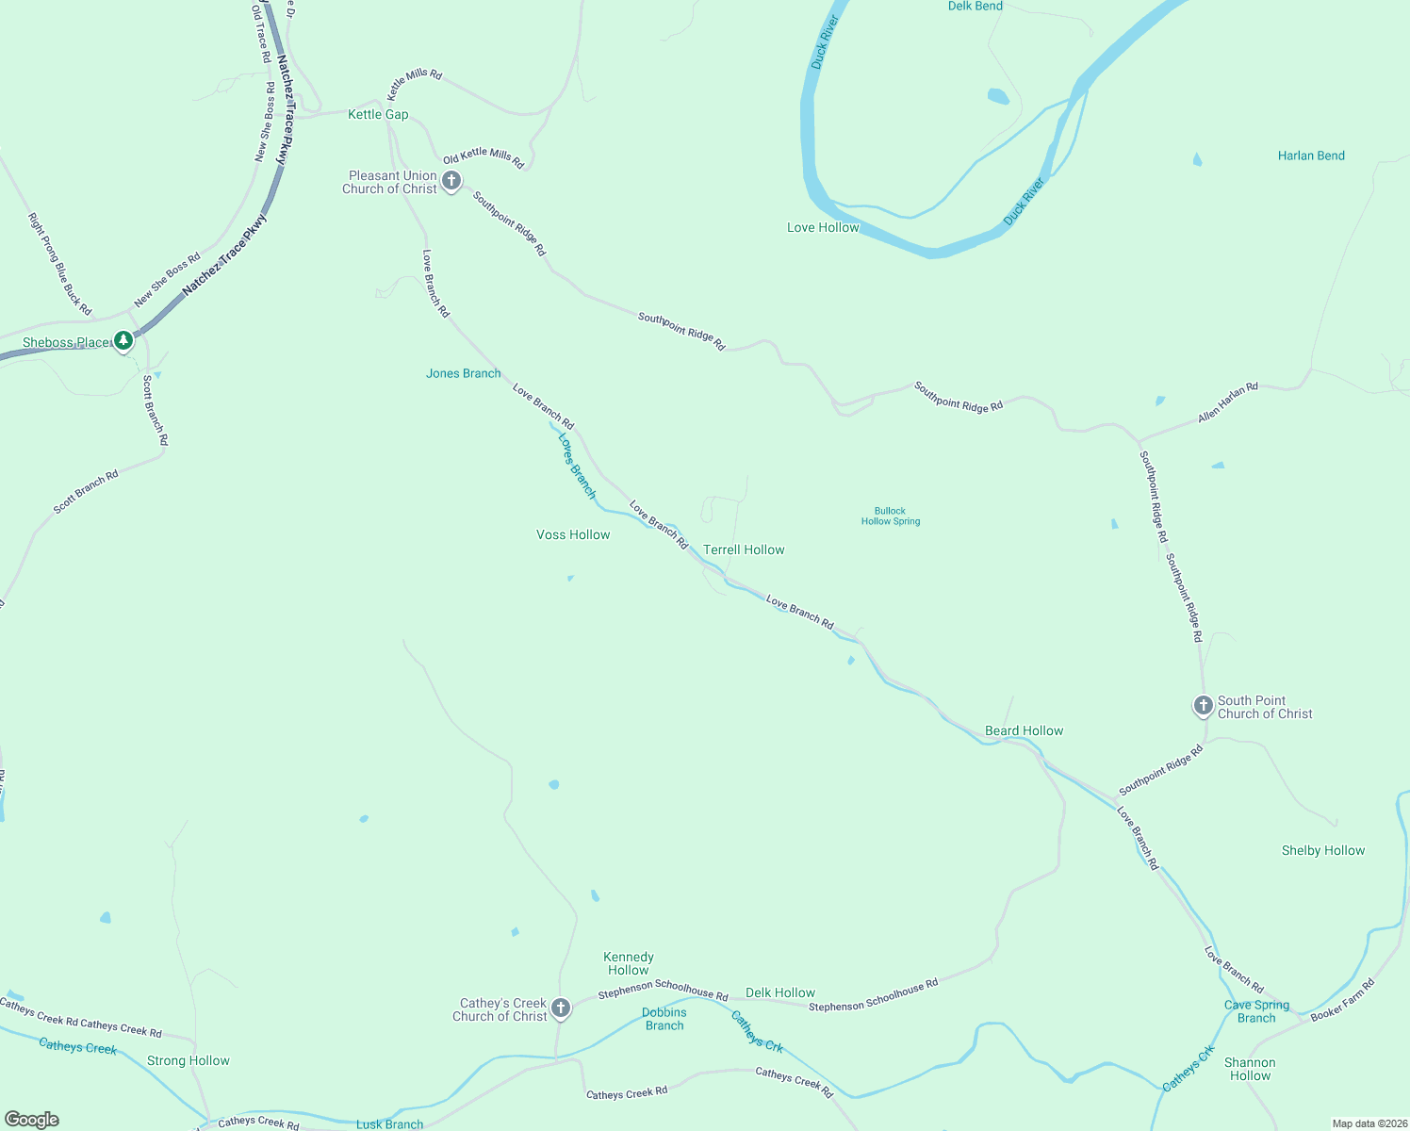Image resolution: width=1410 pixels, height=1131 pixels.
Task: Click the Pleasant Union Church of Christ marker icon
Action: coord(451,181)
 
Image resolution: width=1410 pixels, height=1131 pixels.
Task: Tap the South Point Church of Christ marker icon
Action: coord(1203,705)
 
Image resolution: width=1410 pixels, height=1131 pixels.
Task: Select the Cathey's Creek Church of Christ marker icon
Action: coord(561,1008)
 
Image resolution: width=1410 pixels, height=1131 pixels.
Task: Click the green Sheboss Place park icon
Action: coord(123,340)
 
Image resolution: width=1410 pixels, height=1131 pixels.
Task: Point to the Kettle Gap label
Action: coord(378,114)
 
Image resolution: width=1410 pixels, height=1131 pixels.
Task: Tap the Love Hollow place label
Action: coord(823,227)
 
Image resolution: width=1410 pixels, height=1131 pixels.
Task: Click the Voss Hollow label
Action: coord(573,534)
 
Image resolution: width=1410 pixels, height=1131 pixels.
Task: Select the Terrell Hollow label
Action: coord(744,549)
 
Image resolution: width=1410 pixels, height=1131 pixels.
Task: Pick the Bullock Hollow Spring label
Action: coord(891,516)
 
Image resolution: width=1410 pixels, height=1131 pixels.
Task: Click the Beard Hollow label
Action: coord(1024,730)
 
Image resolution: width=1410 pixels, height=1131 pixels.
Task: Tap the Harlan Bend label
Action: coord(1311,156)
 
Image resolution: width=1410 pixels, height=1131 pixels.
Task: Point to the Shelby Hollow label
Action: coord(1322,850)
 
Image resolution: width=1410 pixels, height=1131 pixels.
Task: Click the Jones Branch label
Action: coord(463,373)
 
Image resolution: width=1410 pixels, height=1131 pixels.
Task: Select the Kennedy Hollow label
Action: coord(629,963)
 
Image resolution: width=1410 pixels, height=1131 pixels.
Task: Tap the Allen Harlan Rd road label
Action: coord(1227,402)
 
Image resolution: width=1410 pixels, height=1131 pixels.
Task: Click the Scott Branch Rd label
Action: coord(86,491)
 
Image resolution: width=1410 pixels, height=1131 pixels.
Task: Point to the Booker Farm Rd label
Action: coord(1343,999)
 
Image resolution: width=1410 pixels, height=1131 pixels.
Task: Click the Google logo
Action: coord(32,1120)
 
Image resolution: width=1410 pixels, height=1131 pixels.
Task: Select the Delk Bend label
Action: coord(975,6)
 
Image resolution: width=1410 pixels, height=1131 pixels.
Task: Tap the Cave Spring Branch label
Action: coord(1256,1011)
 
